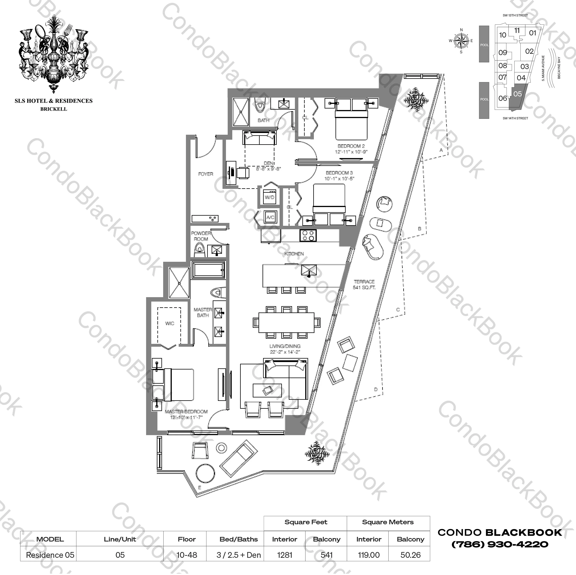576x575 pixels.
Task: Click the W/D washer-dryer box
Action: (269, 197)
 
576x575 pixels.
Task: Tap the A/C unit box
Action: (270, 218)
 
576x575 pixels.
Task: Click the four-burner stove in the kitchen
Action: (308, 235)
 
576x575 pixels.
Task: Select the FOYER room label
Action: (206, 174)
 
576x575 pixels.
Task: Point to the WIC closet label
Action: (170, 323)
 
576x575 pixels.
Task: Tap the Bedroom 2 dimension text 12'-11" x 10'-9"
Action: (351, 152)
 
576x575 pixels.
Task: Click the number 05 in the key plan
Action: (518, 94)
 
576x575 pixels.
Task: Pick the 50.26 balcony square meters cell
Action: (411, 555)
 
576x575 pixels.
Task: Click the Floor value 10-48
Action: (187, 555)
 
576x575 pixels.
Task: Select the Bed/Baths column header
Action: (239, 539)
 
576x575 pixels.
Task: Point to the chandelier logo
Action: (54, 54)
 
